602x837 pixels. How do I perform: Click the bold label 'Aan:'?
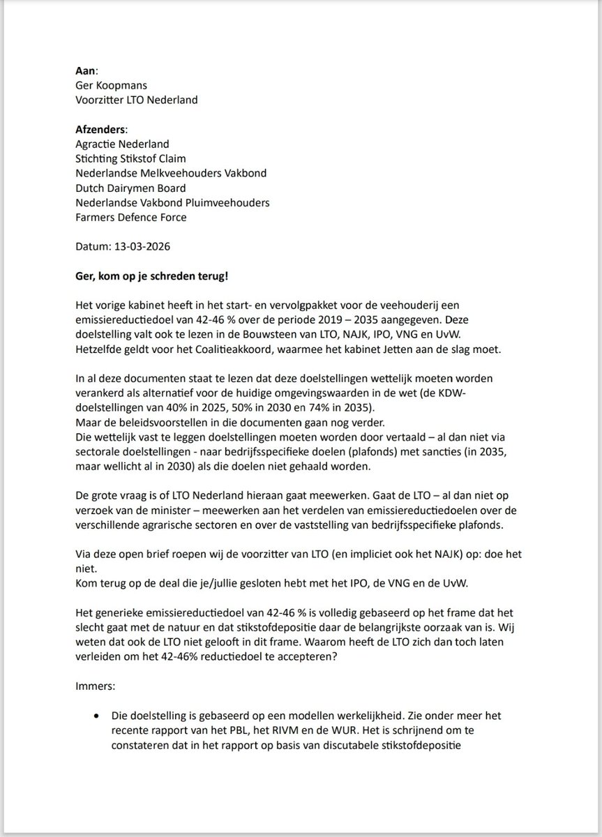87,71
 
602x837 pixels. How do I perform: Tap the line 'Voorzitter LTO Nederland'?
136,99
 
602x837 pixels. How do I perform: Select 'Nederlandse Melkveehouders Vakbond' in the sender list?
171,172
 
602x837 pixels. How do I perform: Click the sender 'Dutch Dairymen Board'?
130,187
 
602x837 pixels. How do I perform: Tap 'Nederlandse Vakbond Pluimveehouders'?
172,202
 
